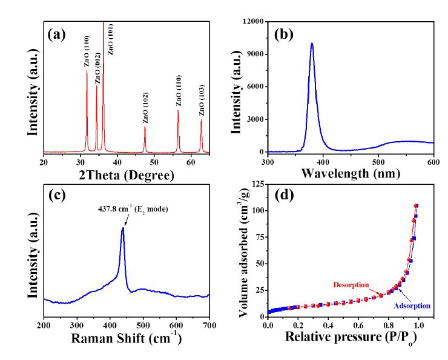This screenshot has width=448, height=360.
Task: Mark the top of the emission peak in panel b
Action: click(x=312, y=44)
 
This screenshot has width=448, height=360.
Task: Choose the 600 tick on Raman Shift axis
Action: click(x=176, y=325)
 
